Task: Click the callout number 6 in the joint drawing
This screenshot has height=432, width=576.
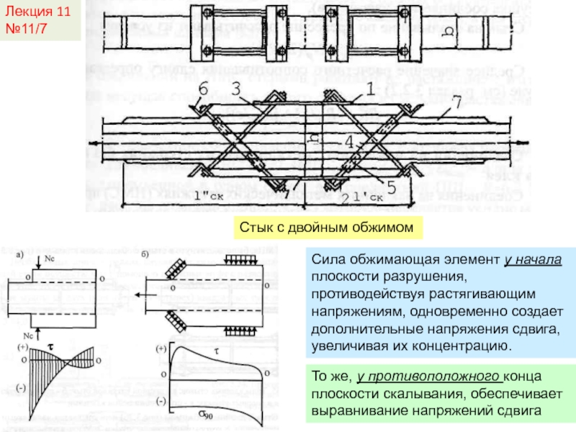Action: click(x=203, y=89)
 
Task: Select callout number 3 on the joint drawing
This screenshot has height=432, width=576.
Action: click(x=235, y=89)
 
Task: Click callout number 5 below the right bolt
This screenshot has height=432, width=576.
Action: click(x=392, y=186)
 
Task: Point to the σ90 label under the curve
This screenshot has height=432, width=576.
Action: click(x=208, y=415)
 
